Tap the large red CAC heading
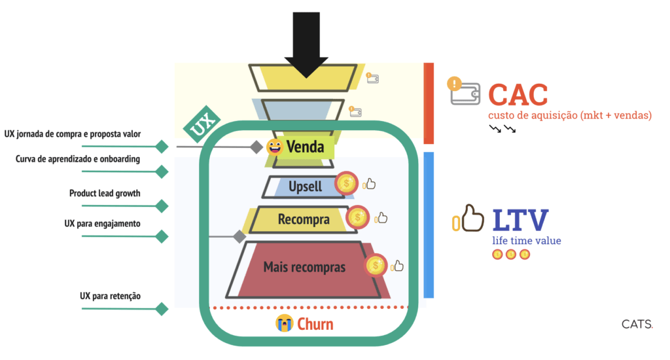518,96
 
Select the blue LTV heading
520,221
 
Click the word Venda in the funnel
305,147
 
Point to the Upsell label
305,187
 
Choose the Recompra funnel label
303,219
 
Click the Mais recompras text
304,266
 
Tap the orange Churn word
315,323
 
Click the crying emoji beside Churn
283,323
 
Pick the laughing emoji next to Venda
274,147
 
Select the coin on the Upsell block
346,184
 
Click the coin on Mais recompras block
376,265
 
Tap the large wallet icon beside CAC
465,92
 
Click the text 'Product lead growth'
105,193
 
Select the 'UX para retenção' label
110,296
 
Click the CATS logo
637,323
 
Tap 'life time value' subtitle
527,241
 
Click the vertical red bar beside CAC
429,103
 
